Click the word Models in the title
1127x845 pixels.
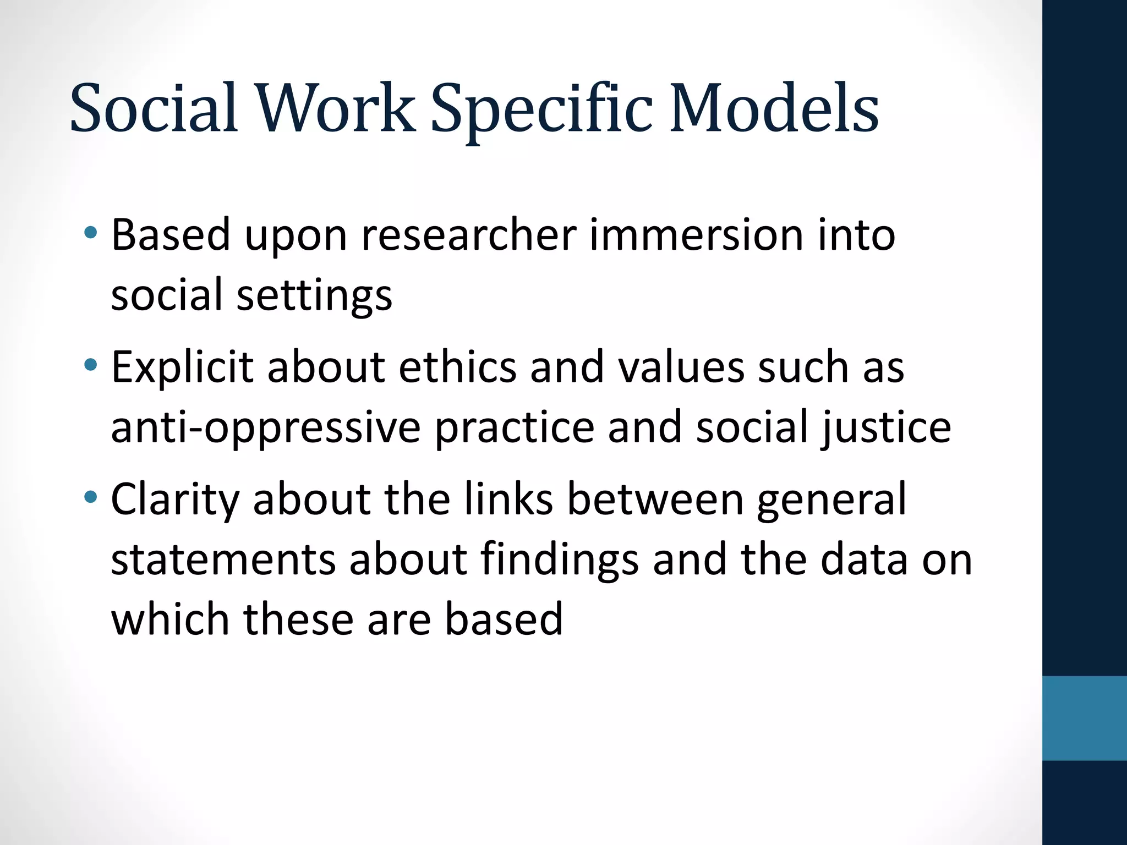[x=773, y=109]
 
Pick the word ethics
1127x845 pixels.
[x=457, y=367]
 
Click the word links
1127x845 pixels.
[x=508, y=500]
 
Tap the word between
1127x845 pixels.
[x=655, y=500]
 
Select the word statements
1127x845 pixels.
[x=223, y=560]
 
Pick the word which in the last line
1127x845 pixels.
[x=170, y=619]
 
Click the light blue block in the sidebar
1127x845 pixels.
[x=1084, y=718]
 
